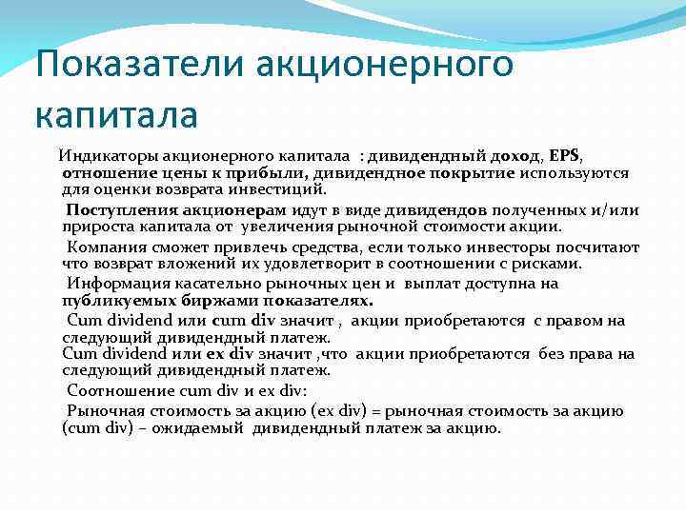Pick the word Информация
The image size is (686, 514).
coord(115,283)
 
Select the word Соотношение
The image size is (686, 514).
coord(119,390)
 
